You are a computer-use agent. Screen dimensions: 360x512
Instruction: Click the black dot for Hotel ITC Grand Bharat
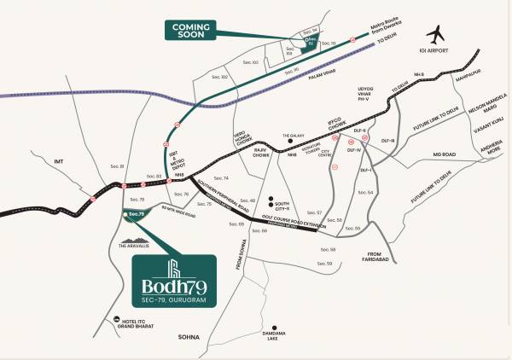[x=103, y=322]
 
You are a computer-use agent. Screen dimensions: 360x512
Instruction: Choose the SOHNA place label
[x=189, y=338]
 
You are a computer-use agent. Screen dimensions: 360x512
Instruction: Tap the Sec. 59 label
[x=323, y=264]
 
